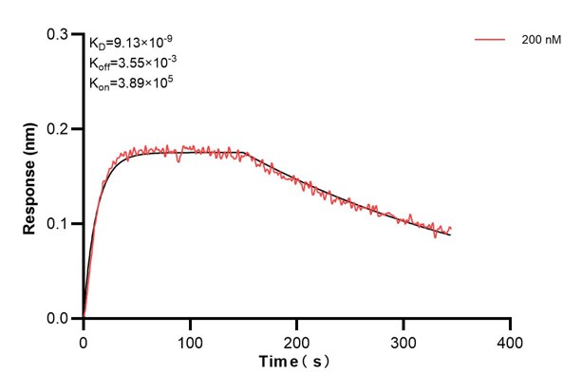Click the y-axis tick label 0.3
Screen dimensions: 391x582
[x=59, y=34]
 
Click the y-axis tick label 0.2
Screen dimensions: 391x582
[x=59, y=129]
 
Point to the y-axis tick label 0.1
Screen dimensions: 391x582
[x=59, y=224]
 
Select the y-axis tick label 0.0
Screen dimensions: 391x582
[x=59, y=319]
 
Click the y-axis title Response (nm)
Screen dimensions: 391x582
[x=30, y=176]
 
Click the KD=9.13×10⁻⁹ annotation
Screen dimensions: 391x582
[x=130, y=43]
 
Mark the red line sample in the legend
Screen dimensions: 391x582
[x=488, y=41]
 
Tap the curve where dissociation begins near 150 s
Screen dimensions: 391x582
[x=244, y=154]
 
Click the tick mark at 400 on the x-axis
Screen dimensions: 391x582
[x=511, y=323]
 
